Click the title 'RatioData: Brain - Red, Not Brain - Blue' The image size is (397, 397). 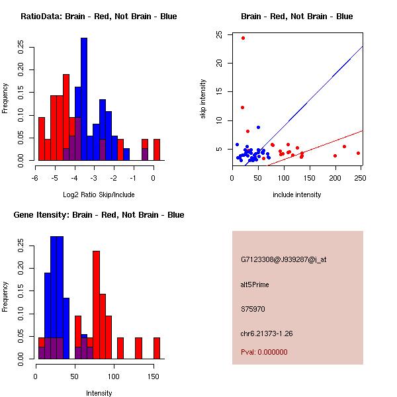pos(99,17)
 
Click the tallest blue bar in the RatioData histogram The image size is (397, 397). pos(84,99)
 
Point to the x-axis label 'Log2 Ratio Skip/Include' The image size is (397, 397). pos(99,195)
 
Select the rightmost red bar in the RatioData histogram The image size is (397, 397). pos(157,150)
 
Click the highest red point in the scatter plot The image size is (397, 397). pos(243,38)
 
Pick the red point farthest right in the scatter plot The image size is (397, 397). pos(358,153)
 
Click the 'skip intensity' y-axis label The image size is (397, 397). pos(204,99)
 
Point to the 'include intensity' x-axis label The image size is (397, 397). pos(297,195)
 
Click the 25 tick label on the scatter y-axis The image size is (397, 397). pos(218,35)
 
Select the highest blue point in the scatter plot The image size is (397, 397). pos(258,127)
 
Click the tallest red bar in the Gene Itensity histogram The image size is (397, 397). pos(97,304)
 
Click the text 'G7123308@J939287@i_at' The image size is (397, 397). pos(283,259)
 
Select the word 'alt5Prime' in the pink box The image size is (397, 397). pos(255,285)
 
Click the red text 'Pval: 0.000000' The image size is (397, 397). pos(264,352)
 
